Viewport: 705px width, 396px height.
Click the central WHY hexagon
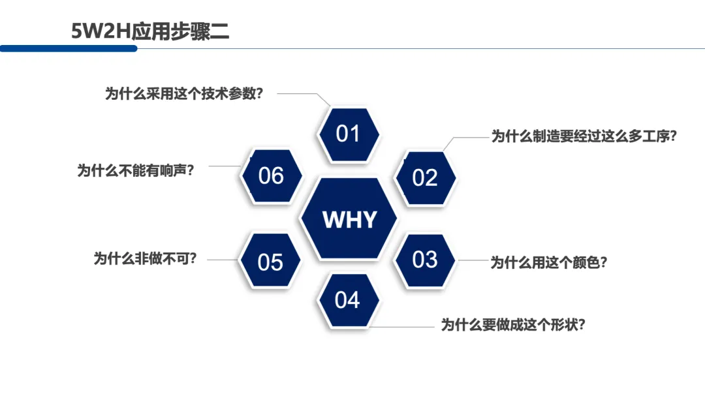[349, 219]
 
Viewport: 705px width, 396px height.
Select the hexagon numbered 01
[348, 134]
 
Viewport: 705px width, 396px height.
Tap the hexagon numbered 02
[424, 177]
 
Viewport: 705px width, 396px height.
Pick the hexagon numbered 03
[424, 260]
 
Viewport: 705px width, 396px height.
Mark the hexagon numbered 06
[271, 175]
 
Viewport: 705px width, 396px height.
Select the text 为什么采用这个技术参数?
[184, 93]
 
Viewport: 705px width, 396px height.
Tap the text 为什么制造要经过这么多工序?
[584, 136]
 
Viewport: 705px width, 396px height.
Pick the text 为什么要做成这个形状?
[512, 324]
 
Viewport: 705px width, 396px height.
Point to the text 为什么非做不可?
[145, 258]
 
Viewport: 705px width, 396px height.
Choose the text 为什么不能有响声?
[136, 171]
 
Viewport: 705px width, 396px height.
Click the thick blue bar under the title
[69, 48]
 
